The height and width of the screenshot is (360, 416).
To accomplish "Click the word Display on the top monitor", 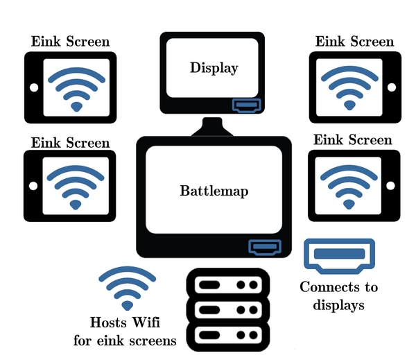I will point(214,68).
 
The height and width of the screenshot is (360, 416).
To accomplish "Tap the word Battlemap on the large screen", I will point(214,191).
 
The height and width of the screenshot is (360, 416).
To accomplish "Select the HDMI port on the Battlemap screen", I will point(266,246).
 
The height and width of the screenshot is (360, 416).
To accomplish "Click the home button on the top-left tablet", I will point(33,87).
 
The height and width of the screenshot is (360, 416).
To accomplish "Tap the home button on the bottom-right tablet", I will point(390,186).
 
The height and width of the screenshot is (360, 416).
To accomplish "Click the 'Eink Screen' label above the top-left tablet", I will point(70,42).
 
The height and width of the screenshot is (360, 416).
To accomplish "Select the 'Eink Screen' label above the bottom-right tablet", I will point(353,140).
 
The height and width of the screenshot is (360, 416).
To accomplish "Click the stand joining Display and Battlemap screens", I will point(212,126).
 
